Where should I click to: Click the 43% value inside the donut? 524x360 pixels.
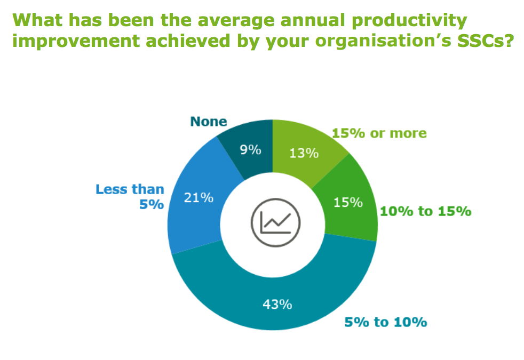tap(277, 305)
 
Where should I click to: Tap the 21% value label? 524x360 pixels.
tap(199, 197)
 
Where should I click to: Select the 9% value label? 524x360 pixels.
tap(250, 150)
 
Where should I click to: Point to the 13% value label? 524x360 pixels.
tap(304, 153)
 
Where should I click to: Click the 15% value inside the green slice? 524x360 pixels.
tap(348, 203)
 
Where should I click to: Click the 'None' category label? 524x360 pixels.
tap(209, 122)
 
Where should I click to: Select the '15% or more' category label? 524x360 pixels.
tap(379, 133)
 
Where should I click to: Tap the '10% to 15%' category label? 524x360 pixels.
tap(425, 211)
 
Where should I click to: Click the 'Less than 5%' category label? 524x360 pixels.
tap(131, 196)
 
